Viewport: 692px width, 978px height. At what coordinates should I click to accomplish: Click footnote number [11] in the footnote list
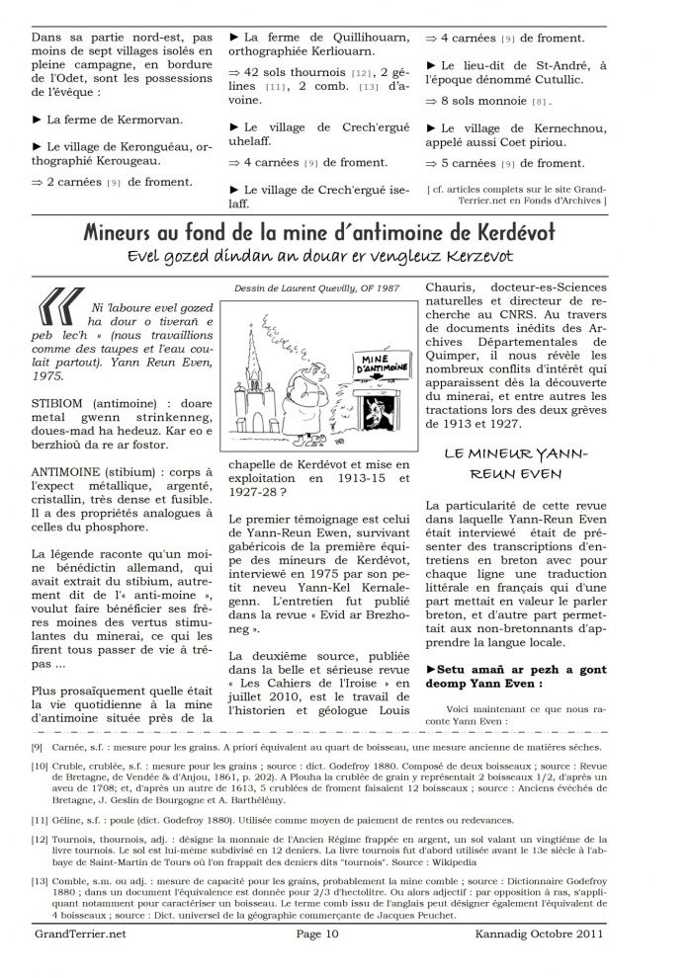(x=41, y=819)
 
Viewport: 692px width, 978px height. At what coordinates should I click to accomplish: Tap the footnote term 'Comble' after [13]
(x=77, y=881)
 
